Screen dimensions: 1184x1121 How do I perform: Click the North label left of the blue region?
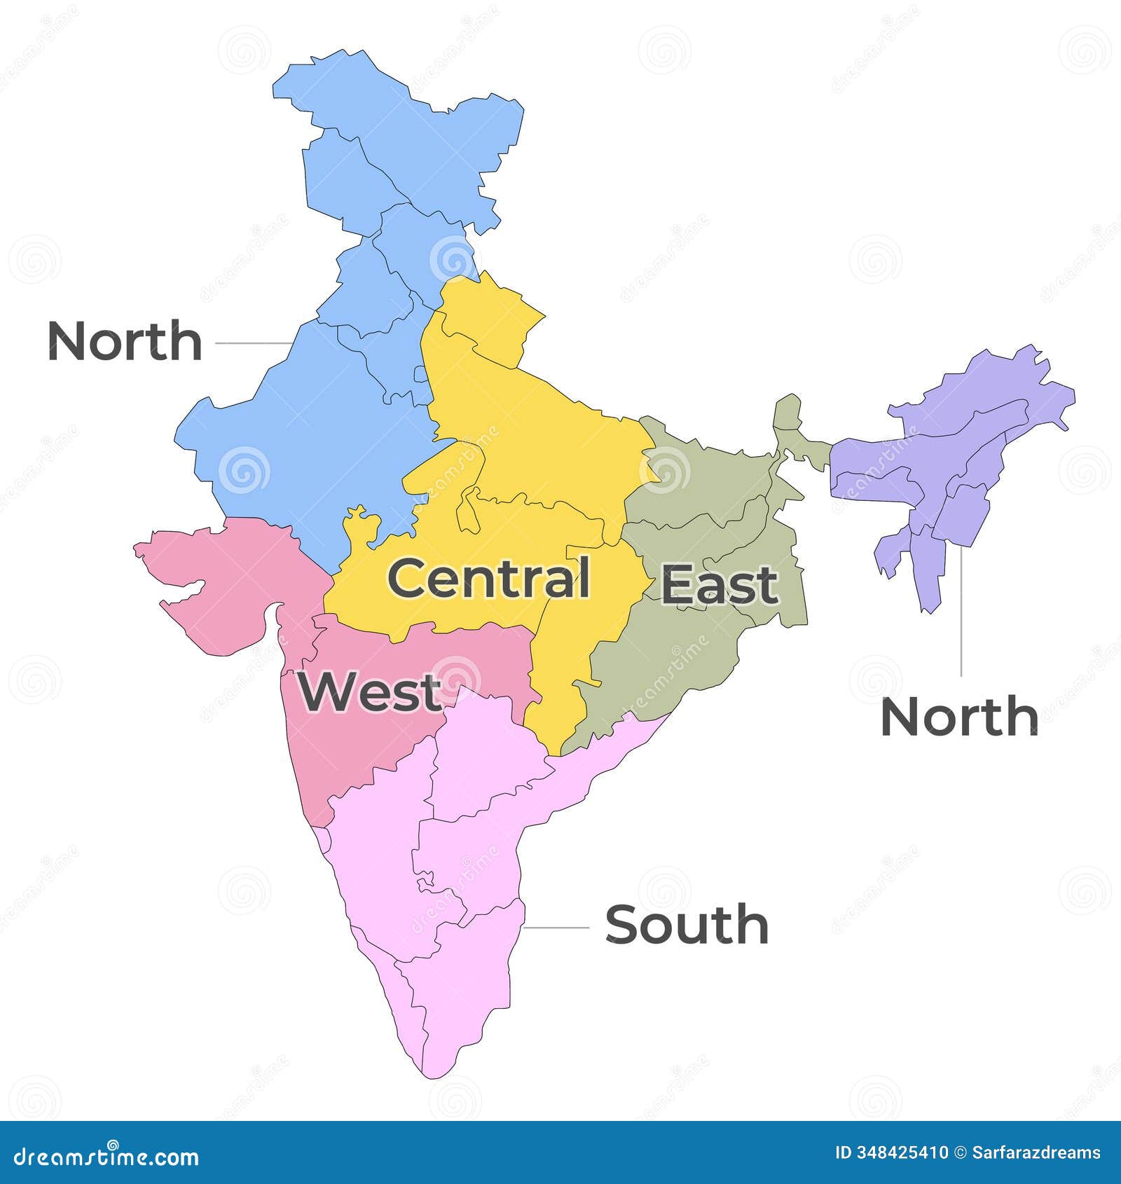(x=125, y=341)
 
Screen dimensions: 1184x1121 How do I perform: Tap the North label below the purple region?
(x=958, y=717)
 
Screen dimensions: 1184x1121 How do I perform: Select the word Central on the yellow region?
(x=488, y=579)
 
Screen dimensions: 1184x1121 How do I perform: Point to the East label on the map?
(x=720, y=585)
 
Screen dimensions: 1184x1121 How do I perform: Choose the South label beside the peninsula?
(x=687, y=925)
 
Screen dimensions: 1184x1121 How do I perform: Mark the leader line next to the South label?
(x=557, y=927)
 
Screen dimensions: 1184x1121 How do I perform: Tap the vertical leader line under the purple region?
(x=961, y=610)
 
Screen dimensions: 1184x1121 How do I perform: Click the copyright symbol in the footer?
(x=960, y=1152)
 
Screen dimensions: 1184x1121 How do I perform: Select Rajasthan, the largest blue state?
(x=315, y=434)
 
